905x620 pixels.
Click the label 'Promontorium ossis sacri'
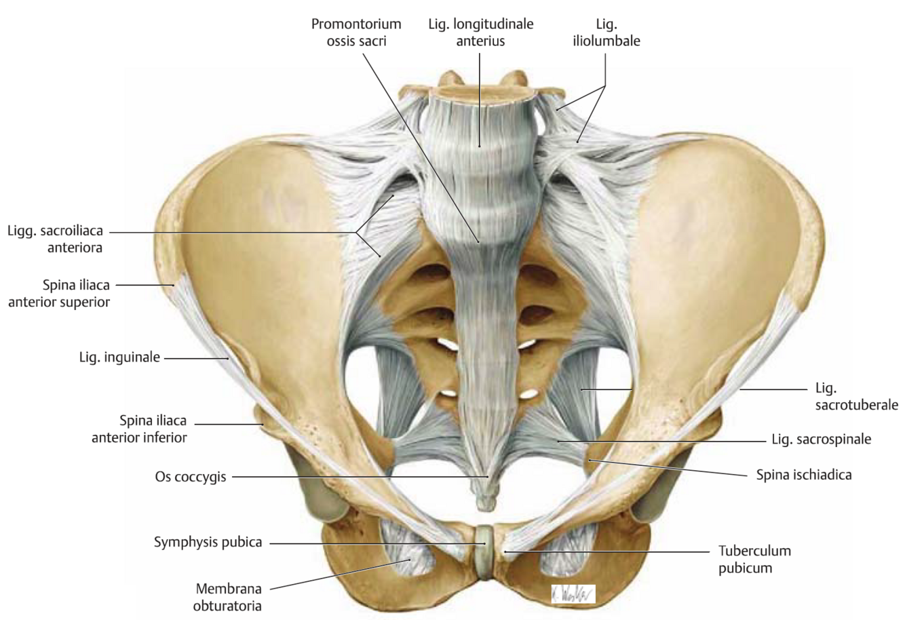pyautogui.click(x=356, y=32)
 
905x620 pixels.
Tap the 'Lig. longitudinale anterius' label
pyautogui.click(x=480, y=32)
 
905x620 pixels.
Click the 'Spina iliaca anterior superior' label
pyautogui.click(x=58, y=294)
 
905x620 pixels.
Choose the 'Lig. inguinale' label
pyautogui.click(x=119, y=356)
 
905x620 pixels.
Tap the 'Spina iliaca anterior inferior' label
pyautogui.click(x=139, y=429)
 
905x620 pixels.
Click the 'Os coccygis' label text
pyautogui.click(x=190, y=477)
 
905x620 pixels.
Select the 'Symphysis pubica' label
pyautogui.click(x=208, y=543)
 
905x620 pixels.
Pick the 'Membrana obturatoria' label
pyautogui.click(x=229, y=597)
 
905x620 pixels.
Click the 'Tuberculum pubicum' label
pyautogui.click(x=754, y=560)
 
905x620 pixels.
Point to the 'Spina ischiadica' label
pyautogui.click(x=804, y=475)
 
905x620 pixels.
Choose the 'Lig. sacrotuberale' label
pyautogui.click(x=856, y=397)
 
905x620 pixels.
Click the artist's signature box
pyautogui.click(x=573, y=594)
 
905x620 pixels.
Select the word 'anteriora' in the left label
pyautogui.click(x=75, y=248)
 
